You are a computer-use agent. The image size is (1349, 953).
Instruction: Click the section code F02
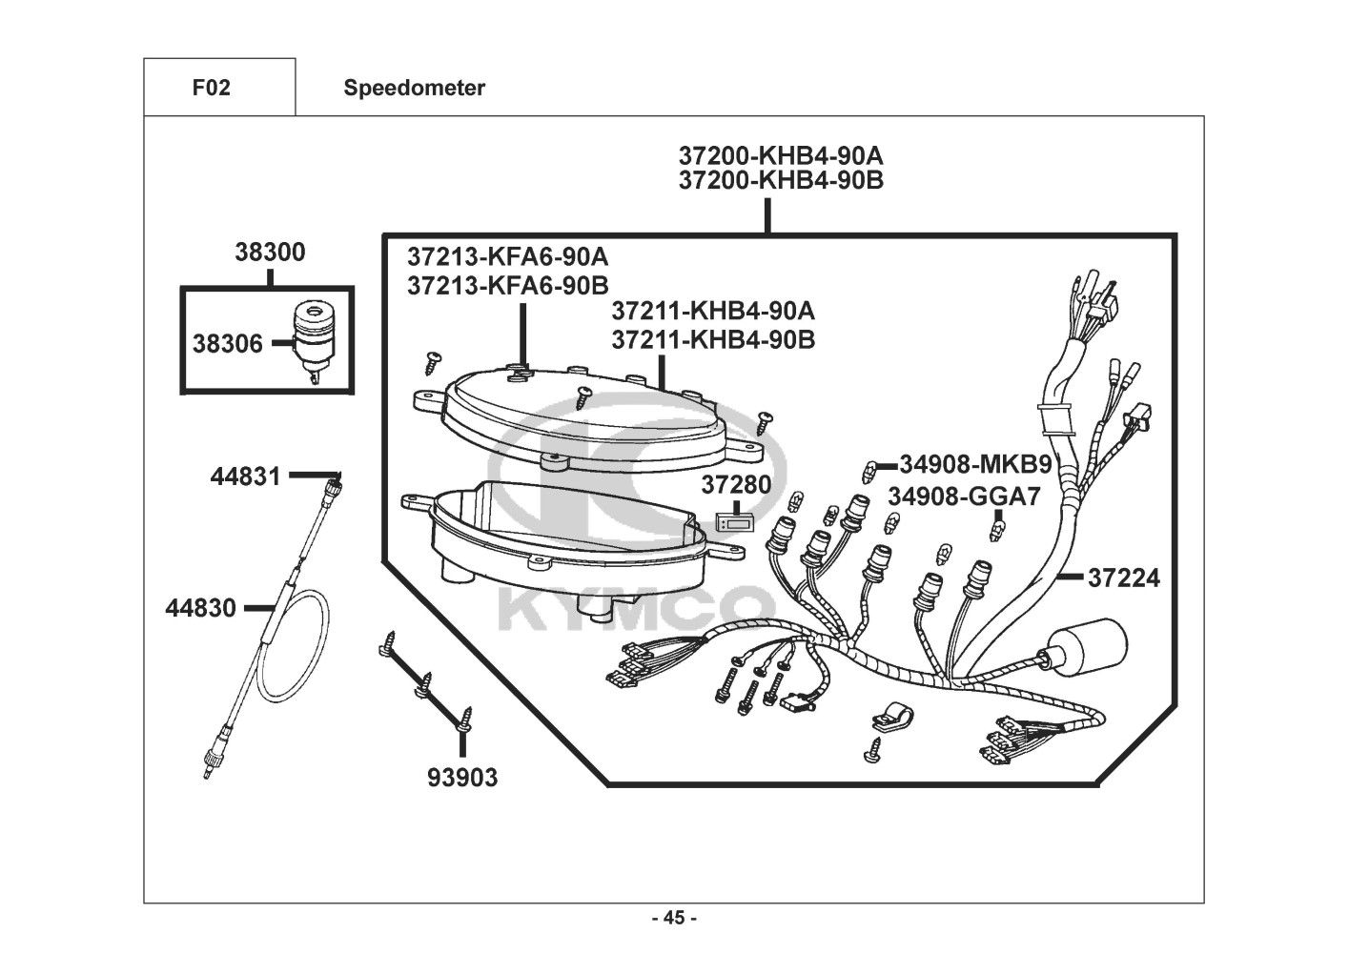211,88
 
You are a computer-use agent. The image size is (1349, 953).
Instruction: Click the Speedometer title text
414,88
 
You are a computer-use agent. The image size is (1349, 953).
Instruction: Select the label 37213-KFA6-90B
507,285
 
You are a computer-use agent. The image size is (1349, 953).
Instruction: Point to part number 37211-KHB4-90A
713,312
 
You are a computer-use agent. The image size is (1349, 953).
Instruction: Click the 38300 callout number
270,253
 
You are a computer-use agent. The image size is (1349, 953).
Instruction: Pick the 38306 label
227,343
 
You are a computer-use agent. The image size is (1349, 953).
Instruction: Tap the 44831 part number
246,476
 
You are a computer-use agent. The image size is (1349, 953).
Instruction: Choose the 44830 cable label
200,607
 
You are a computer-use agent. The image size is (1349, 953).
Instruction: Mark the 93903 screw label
461,778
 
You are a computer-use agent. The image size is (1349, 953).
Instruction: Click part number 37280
736,484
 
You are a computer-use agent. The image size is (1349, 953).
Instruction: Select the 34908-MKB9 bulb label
974,465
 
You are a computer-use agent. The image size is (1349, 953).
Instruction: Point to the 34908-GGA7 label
964,497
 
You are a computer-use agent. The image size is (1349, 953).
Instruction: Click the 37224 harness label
1124,578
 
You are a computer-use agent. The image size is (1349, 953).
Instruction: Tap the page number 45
674,918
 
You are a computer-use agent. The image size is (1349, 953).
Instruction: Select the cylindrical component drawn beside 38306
312,336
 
